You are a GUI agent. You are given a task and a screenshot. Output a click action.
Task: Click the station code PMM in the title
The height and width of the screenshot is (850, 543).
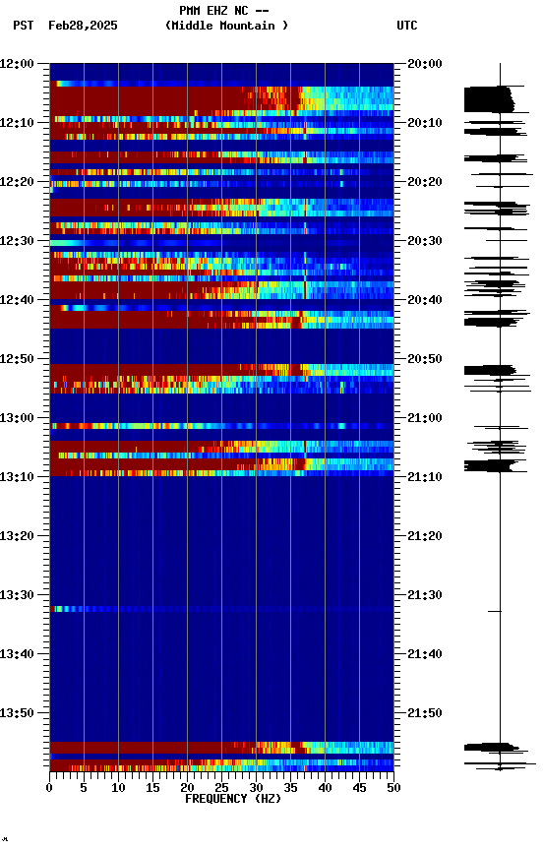pos(190,11)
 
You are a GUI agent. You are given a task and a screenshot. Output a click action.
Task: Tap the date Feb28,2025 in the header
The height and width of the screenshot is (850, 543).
pos(83,26)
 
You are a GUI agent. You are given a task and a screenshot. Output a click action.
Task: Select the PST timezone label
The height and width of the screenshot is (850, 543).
pos(23,26)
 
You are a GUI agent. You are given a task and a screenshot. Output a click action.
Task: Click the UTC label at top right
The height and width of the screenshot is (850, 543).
pos(407,26)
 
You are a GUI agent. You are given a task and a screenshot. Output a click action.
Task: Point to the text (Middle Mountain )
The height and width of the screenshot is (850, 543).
pos(227,26)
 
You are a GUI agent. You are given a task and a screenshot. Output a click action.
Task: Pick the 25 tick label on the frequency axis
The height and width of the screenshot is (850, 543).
pos(221,788)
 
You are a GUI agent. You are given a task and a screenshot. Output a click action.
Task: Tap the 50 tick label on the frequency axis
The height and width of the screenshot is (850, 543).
pos(393,788)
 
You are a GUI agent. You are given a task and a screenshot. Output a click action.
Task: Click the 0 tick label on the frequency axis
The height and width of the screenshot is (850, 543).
pos(49,788)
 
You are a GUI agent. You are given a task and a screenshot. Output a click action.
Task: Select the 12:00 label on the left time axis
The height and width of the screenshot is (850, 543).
pos(17,64)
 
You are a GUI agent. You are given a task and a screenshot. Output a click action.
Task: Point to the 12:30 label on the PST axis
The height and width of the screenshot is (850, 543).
pos(17,241)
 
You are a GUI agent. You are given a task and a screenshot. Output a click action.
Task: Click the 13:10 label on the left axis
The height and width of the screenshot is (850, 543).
pos(17,477)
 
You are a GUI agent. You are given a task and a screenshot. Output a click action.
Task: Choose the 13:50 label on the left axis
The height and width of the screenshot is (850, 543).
pos(17,713)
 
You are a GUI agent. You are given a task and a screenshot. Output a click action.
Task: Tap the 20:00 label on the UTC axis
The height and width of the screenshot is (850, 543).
pos(425,64)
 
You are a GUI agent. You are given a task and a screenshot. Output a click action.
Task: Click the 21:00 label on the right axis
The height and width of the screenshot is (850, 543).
pos(425,418)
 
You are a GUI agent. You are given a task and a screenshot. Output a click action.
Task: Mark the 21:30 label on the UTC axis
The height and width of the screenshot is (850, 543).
pos(425,595)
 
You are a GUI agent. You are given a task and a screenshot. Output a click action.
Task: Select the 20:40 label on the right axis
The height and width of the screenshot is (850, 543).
pos(425,300)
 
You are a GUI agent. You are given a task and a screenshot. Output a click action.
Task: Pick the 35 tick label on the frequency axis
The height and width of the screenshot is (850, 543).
pos(290,788)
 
